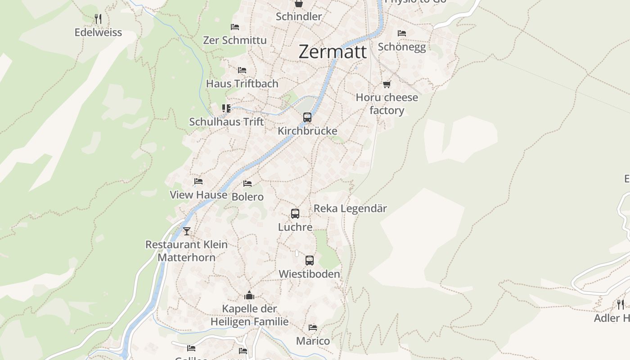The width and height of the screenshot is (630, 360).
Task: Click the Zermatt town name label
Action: pos(333,52)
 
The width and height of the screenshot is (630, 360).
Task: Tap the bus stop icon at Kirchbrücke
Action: pos(307,117)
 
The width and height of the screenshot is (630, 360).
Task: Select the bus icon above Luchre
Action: pos(295,214)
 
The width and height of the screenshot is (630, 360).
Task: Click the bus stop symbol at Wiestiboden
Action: pos(310,260)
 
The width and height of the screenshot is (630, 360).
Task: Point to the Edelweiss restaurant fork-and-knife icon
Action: pos(98,19)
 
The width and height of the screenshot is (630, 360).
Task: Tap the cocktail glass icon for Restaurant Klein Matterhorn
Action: pos(187,231)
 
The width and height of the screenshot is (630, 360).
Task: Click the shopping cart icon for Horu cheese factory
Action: pos(387,84)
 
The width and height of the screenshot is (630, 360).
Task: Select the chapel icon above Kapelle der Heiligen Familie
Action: pos(249,295)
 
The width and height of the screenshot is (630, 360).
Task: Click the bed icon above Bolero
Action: pos(247,184)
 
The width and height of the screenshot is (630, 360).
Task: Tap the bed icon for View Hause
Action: pos(198,181)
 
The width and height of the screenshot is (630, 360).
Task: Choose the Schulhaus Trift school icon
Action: pos(226,108)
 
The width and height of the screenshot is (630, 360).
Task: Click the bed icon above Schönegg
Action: pos(402,33)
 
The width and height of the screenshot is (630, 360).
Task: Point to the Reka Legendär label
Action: pos(350,209)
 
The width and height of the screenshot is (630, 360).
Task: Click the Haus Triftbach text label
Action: pos(242,84)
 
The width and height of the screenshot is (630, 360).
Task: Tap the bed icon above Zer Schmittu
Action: pos(235,27)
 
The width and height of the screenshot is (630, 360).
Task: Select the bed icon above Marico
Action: pos(313,328)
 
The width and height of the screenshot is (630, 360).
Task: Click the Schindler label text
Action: pos(299,17)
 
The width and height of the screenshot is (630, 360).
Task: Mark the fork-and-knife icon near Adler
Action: pos(621,305)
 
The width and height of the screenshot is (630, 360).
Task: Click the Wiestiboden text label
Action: pos(309,274)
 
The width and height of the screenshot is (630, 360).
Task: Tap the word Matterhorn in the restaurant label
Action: pos(186,258)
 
